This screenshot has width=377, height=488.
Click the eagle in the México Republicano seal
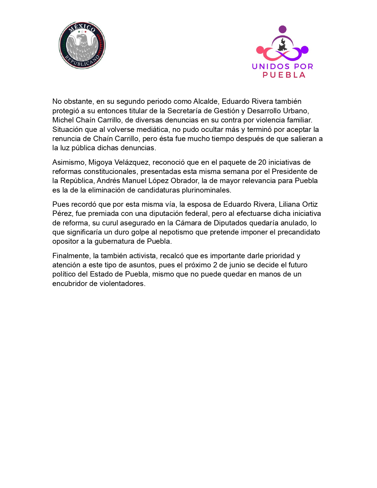(82, 46)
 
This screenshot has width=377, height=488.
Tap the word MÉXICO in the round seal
(82, 28)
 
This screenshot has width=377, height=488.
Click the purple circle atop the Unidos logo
(283, 29)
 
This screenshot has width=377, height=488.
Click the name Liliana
(289, 204)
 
